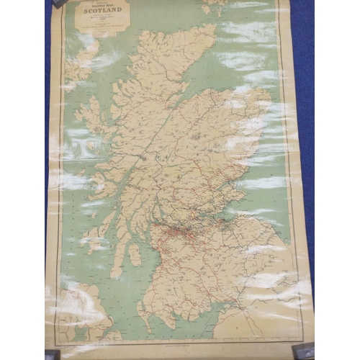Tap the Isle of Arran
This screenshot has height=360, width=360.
click(134, 254)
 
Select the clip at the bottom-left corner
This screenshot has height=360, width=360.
click(52, 354)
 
